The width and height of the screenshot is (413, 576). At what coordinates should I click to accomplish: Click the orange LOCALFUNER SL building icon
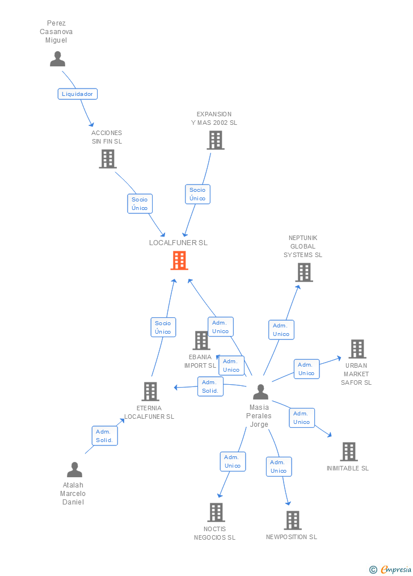(179, 260)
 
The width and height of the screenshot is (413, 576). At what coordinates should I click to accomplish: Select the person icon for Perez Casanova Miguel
(57, 59)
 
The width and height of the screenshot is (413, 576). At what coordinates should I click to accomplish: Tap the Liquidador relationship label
(77, 94)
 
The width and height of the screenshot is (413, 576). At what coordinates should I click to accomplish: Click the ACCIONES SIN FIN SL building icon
(107, 159)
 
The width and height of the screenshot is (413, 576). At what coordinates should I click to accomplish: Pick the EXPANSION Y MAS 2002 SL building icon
(216, 140)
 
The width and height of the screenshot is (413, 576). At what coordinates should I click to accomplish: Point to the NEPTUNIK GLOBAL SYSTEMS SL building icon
(304, 272)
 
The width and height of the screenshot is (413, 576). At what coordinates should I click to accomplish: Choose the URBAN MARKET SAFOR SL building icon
(357, 349)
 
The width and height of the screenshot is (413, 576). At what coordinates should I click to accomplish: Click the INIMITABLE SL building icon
(349, 452)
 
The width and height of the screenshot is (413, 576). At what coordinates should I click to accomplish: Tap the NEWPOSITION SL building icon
(293, 520)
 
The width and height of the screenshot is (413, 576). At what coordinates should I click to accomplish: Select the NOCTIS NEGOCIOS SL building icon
(216, 512)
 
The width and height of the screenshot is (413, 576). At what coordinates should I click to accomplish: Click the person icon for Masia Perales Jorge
(260, 392)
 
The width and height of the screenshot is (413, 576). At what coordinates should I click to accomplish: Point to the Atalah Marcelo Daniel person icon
(74, 470)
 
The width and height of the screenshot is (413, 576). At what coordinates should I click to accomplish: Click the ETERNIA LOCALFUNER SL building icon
(150, 392)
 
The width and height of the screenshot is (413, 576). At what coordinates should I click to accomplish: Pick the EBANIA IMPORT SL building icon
(201, 340)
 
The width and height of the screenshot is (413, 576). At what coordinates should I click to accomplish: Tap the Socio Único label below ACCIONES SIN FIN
(140, 204)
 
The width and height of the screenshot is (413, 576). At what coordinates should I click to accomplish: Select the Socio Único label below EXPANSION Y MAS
(197, 194)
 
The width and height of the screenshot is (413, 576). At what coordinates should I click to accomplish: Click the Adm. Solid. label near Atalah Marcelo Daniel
(104, 436)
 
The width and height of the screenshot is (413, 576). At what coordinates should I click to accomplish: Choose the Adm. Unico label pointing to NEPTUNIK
(281, 330)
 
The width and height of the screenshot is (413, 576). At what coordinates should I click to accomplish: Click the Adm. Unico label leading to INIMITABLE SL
(302, 418)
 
